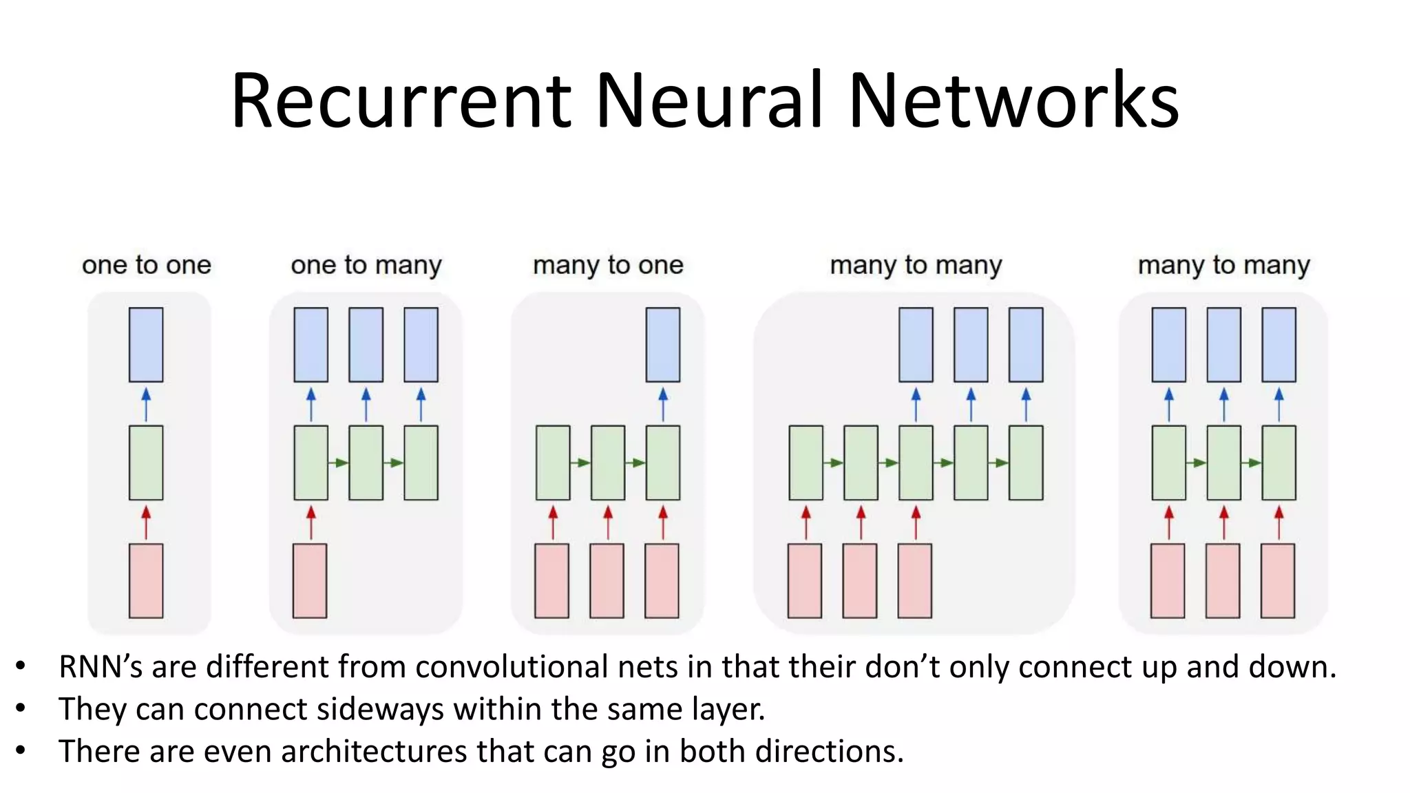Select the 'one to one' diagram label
146,265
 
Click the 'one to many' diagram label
366,265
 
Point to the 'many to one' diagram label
608,265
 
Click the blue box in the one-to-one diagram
146,344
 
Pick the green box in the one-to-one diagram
146,463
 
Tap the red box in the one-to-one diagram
146,580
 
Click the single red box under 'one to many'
310,580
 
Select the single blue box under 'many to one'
662,344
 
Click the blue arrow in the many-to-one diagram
663,404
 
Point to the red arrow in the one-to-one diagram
146,522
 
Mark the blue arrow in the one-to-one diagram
146,404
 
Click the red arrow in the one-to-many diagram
311,522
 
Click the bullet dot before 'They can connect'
21,708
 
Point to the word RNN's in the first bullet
101,667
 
